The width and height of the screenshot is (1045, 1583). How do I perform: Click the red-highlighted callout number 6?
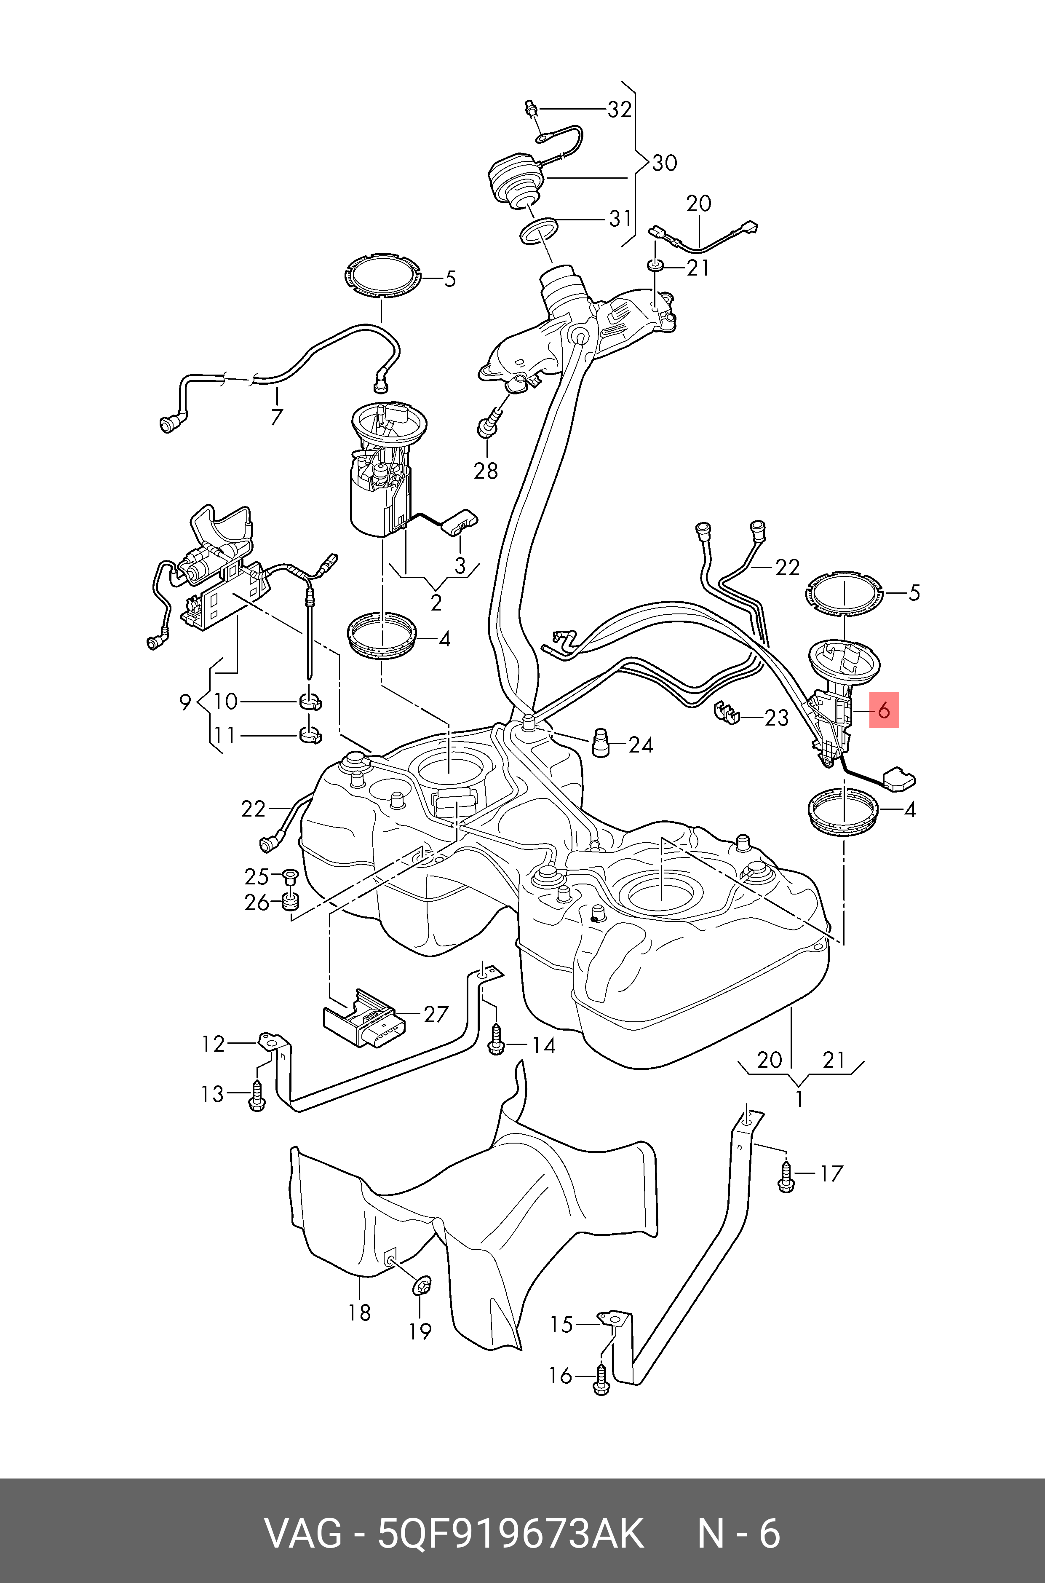884,710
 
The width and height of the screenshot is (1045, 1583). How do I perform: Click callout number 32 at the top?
619,109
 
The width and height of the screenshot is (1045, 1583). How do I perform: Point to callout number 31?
620,219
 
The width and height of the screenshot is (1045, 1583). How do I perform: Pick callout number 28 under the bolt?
485,471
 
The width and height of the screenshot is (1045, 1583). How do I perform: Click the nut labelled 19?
422,1286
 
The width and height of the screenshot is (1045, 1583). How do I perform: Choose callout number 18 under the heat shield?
359,1312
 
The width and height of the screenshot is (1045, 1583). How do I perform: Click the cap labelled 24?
601,743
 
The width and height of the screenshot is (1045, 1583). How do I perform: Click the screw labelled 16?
601,1382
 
